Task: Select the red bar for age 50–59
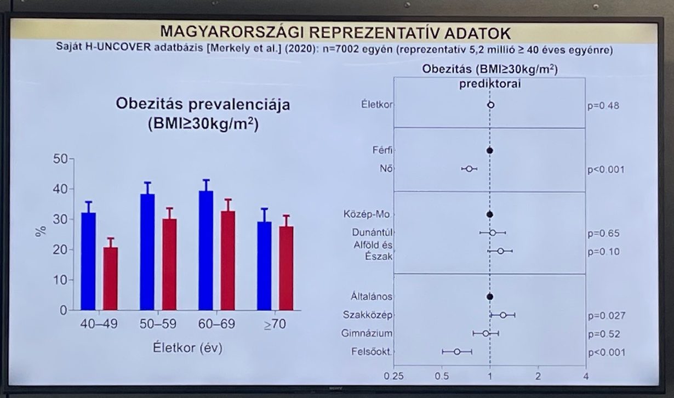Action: [169, 264]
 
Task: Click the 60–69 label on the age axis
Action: [216, 325]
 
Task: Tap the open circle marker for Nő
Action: [469, 169]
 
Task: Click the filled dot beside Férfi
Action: [490, 150]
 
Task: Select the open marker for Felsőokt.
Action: [457, 351]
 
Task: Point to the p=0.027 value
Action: [606, 316]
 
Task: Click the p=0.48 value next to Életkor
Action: [603, 105]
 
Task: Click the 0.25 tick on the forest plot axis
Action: [392, 377]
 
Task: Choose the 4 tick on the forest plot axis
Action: [586, 377]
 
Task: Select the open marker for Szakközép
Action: [503, 315]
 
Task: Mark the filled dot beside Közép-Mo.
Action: [490, 214]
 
